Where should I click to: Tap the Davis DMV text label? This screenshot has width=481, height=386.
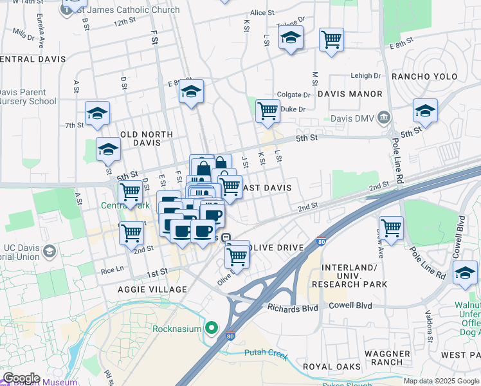354,118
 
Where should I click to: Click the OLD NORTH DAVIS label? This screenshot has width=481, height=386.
147,138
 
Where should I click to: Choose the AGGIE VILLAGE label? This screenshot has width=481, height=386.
152,289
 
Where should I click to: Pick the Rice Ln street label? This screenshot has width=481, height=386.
116,271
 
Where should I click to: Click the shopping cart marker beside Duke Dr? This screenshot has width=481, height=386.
267,110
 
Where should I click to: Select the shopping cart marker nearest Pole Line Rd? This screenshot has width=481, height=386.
391,226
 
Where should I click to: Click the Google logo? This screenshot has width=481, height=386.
21,378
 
